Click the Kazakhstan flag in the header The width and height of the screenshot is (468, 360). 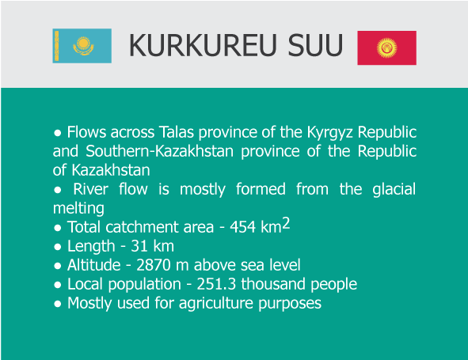coord(82,46)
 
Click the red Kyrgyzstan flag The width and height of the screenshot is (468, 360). coord(386,48)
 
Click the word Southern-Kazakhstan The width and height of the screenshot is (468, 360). coord(150,150)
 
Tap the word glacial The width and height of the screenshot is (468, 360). coord(388,189)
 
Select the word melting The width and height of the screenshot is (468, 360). coord(78,208)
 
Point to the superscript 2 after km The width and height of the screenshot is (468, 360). coord(287,224)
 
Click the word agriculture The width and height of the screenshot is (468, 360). coord(223,303)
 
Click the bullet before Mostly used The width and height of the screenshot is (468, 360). coord(57,304)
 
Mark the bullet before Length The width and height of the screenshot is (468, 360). coord(57,247)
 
